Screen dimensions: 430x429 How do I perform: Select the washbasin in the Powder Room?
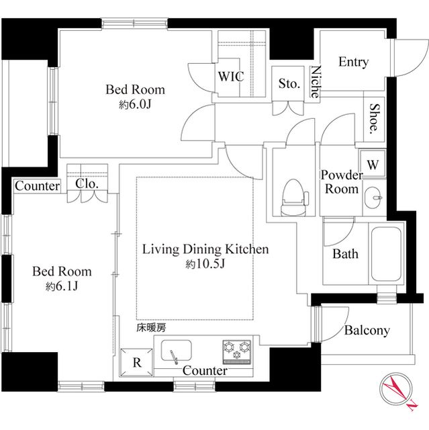pyautogui.click(x=375, y=198)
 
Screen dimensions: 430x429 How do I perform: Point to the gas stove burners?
pyautogui.click(x=237, y=349)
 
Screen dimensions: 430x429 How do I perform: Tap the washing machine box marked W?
pyautogui.click(x=373, y=164)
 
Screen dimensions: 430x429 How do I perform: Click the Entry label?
pyautogui.click(x=353, y=62)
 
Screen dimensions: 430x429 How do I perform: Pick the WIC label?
pyautogui.click(x=230, y=77)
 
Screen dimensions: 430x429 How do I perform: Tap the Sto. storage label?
pyautogui.click(x=289, y=84)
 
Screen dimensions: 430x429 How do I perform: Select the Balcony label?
pyautogui.click(x=367, y=331)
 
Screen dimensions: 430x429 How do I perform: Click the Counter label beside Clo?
pyautogui.click(x=37, y=186)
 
